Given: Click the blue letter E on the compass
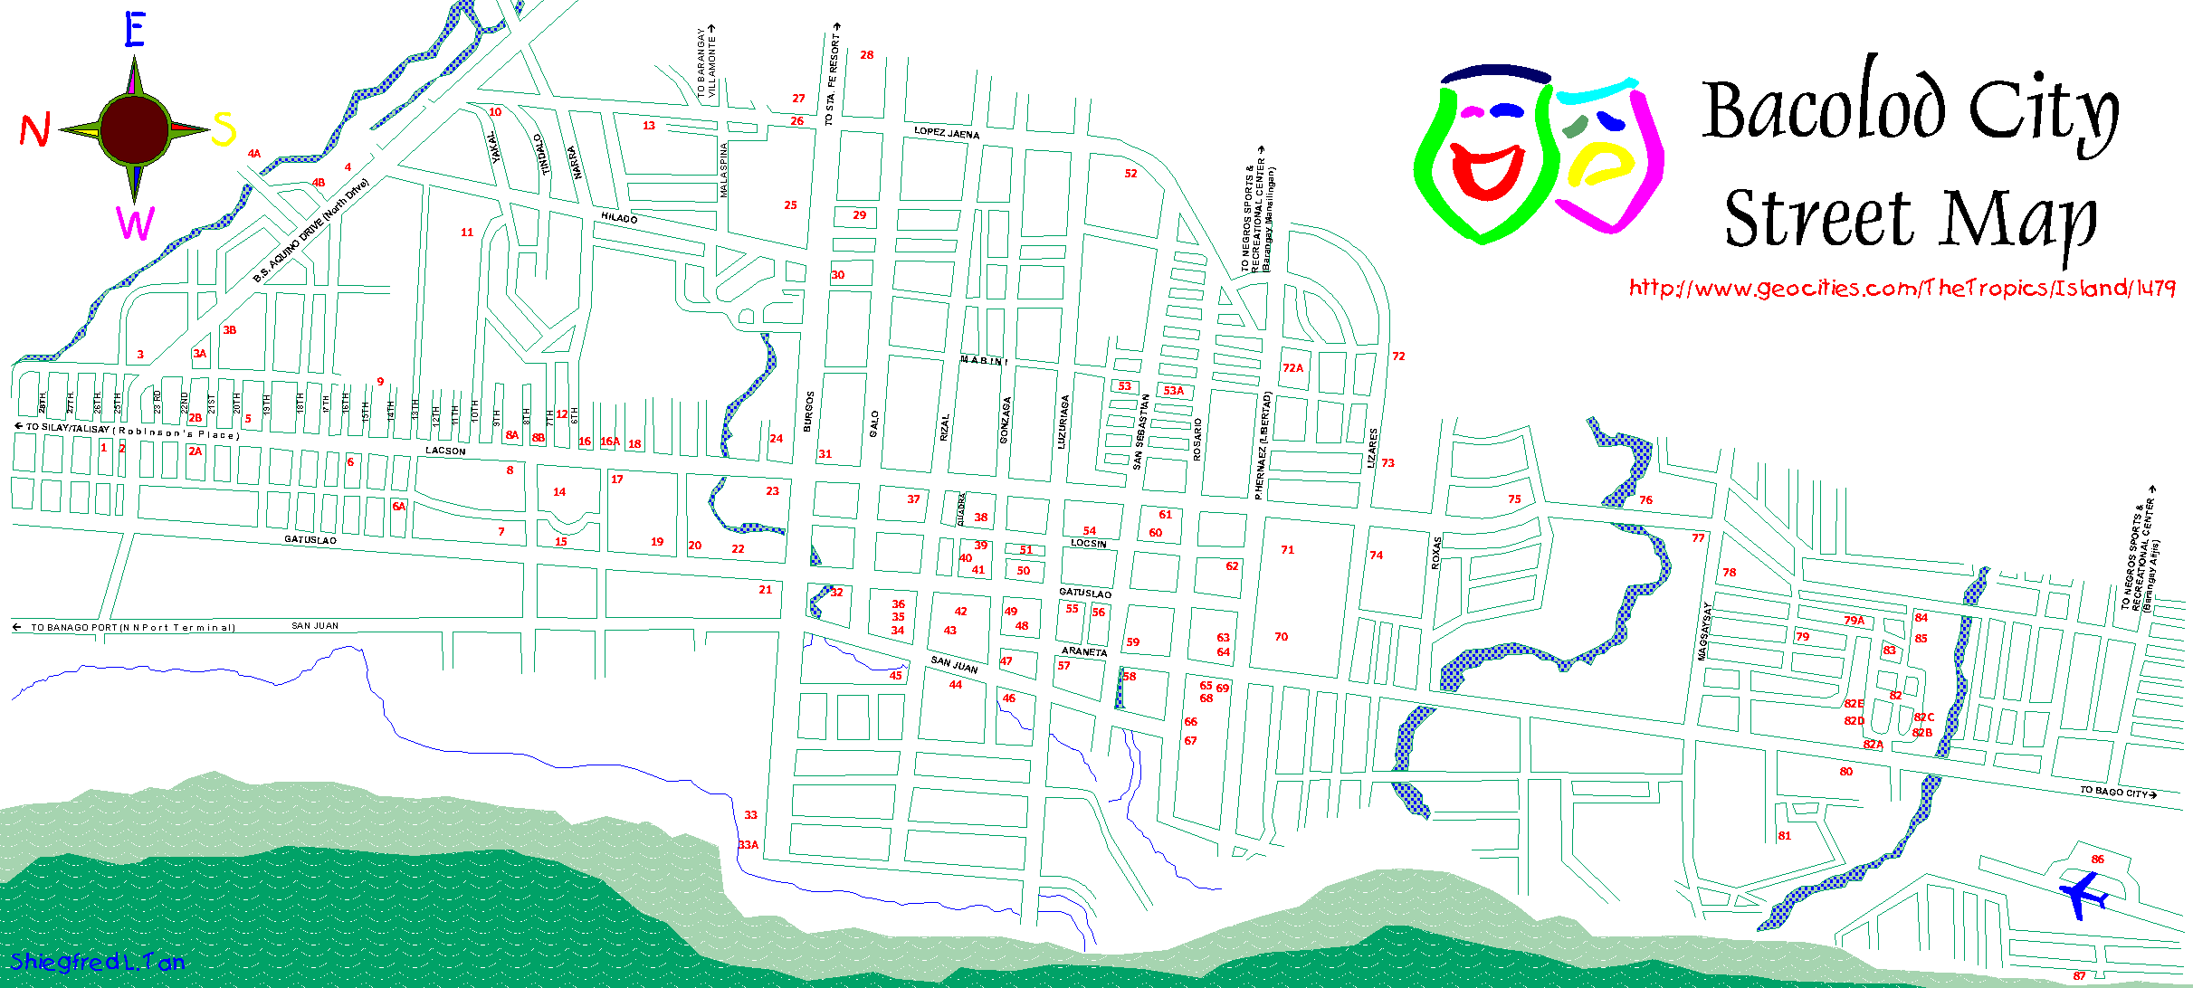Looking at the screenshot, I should [x=134, y=31].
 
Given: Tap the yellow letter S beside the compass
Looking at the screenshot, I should [x=224, y=128].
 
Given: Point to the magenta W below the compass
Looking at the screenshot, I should [x=135, y=223].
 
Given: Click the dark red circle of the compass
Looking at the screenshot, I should [x=135, y=129].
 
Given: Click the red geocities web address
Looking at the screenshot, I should [x=1902, y=289].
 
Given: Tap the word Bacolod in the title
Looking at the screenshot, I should [x=1823, y=109].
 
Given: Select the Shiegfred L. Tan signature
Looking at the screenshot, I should [x=98, y=962].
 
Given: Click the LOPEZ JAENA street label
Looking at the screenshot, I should [x=947, y=133].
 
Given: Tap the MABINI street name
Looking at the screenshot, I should [x=983, y=360].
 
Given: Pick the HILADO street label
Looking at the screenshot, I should [x=620, y=218].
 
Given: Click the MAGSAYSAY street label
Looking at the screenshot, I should [x=1704, y=631].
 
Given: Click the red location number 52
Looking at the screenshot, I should [x=1130, y=174].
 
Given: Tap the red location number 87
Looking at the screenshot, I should [x=2079, y=976].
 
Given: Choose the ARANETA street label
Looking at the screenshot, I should [x=1084, y=651].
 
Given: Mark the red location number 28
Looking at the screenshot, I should [x=867, y=55].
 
